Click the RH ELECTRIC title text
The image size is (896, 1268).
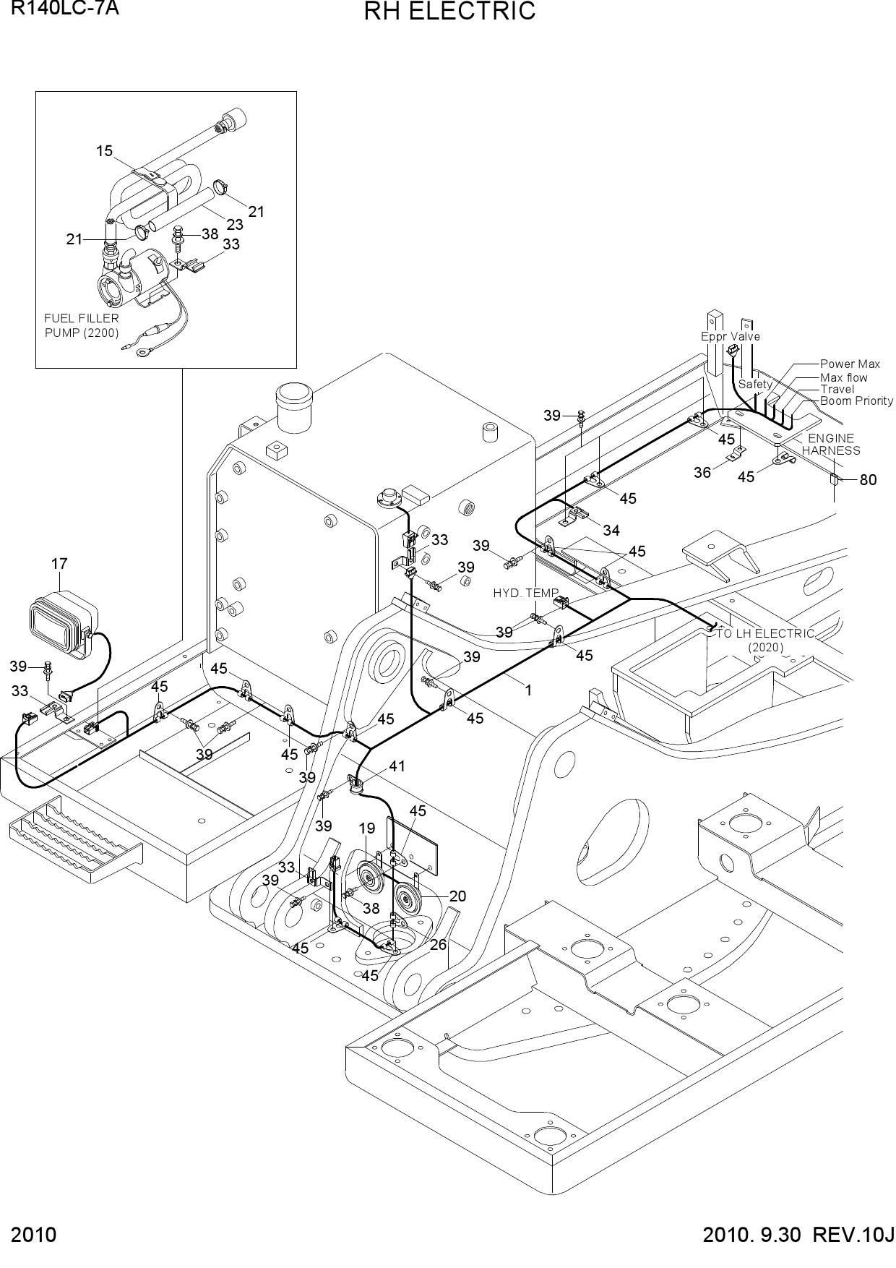click(x=449, y=12)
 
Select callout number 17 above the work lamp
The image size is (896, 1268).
click(x=59, y=564)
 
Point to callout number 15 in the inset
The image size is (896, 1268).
click(x=104, y=150)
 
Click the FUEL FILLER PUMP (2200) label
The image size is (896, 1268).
click(x=82, y=325)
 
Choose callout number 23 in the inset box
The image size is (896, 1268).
click(x=235, y=225)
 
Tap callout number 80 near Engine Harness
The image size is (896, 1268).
click(x=868, y=479)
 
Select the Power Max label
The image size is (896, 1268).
click(x=850, y=364)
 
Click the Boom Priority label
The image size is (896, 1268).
click(x=856, y=400)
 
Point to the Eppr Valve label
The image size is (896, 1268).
click(x=731, y=336)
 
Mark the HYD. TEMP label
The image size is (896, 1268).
click(x=526, y=593)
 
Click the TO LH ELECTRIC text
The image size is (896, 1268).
click(x=765, y=633)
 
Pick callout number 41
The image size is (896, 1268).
click(x=397, y=766)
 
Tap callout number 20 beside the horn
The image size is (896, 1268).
click(x=457, y=896)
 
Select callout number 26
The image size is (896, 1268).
click(x=438, y=944)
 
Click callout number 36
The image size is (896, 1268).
click(x=702, y=473)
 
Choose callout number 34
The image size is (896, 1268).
click(x=611, y=531)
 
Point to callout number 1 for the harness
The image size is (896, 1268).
click(x=528, y=690)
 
